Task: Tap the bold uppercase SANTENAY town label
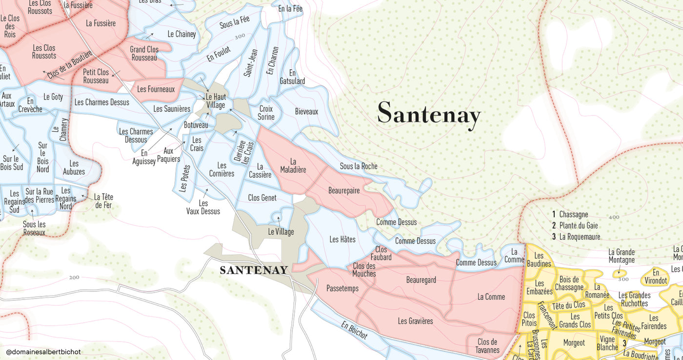(x=254, y=270)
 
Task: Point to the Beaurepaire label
(x=344, y=190)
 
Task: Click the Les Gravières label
(x=415, y=320)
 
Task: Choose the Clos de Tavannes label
(x=487, y=346)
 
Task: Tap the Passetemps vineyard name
(x=342, y=288)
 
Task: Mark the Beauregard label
(x=421, y=280)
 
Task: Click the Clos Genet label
(x=262, y=198)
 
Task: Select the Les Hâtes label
(x=342, y=239)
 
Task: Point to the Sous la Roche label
(x=359, y=166)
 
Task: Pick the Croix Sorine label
(x=266, y=113)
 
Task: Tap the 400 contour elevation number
(x=614, y=217)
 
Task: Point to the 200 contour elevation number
(x=74, y=278)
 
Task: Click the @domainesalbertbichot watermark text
(x=43, y=352)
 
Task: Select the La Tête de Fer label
(x=103, y=201)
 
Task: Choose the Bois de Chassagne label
(x=569, y=283)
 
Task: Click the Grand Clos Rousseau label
(x=144, y=53)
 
